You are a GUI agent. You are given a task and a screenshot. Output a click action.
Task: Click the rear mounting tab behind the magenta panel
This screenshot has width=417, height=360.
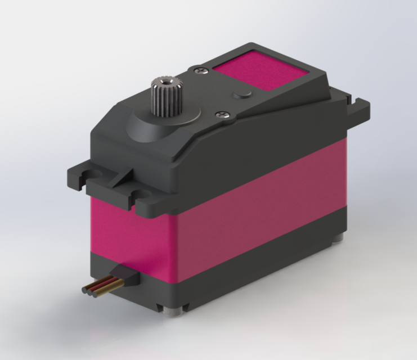357,106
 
